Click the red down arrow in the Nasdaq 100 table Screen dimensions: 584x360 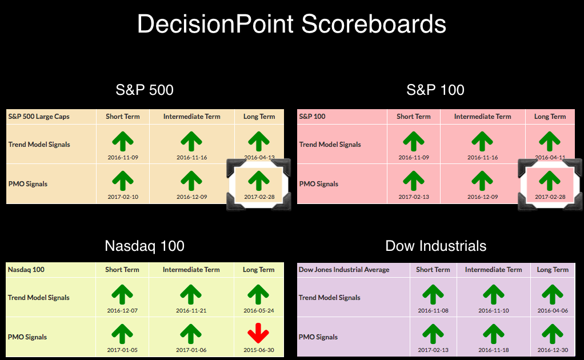click(x=258, y=333)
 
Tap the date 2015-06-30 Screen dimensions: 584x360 click(x=259, y=350)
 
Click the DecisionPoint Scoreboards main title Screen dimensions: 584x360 click(x=291, y=24)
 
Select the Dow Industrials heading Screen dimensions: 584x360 click(x=436, y=246)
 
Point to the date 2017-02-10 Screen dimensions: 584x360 click(x=123, y=197)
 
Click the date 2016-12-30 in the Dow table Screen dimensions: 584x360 click(x=553, y=350)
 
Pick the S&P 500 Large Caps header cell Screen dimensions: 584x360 click(x=39, y=117)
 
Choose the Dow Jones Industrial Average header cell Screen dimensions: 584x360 click(x=344, y=270)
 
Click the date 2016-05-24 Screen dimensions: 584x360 click(x=259, y=310)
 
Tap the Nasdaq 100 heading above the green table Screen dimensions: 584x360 click(x=145, y=246)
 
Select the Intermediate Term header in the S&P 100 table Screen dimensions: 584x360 click(x=483, y=117)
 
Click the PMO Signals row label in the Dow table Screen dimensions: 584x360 click(x=318, y=337)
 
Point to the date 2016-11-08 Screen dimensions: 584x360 click(x=433, y=310)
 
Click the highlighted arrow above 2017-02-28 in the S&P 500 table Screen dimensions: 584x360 click(x=259, y=181)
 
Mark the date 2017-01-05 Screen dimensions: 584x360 click(x=122, y=350)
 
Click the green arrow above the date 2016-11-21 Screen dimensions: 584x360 click(x=191, y=294)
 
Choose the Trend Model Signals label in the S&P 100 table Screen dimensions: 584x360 click(x=330, y=145)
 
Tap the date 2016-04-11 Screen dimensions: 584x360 click(x=550, y=158)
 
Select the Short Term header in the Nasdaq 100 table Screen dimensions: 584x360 click(x=122, y=270)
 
